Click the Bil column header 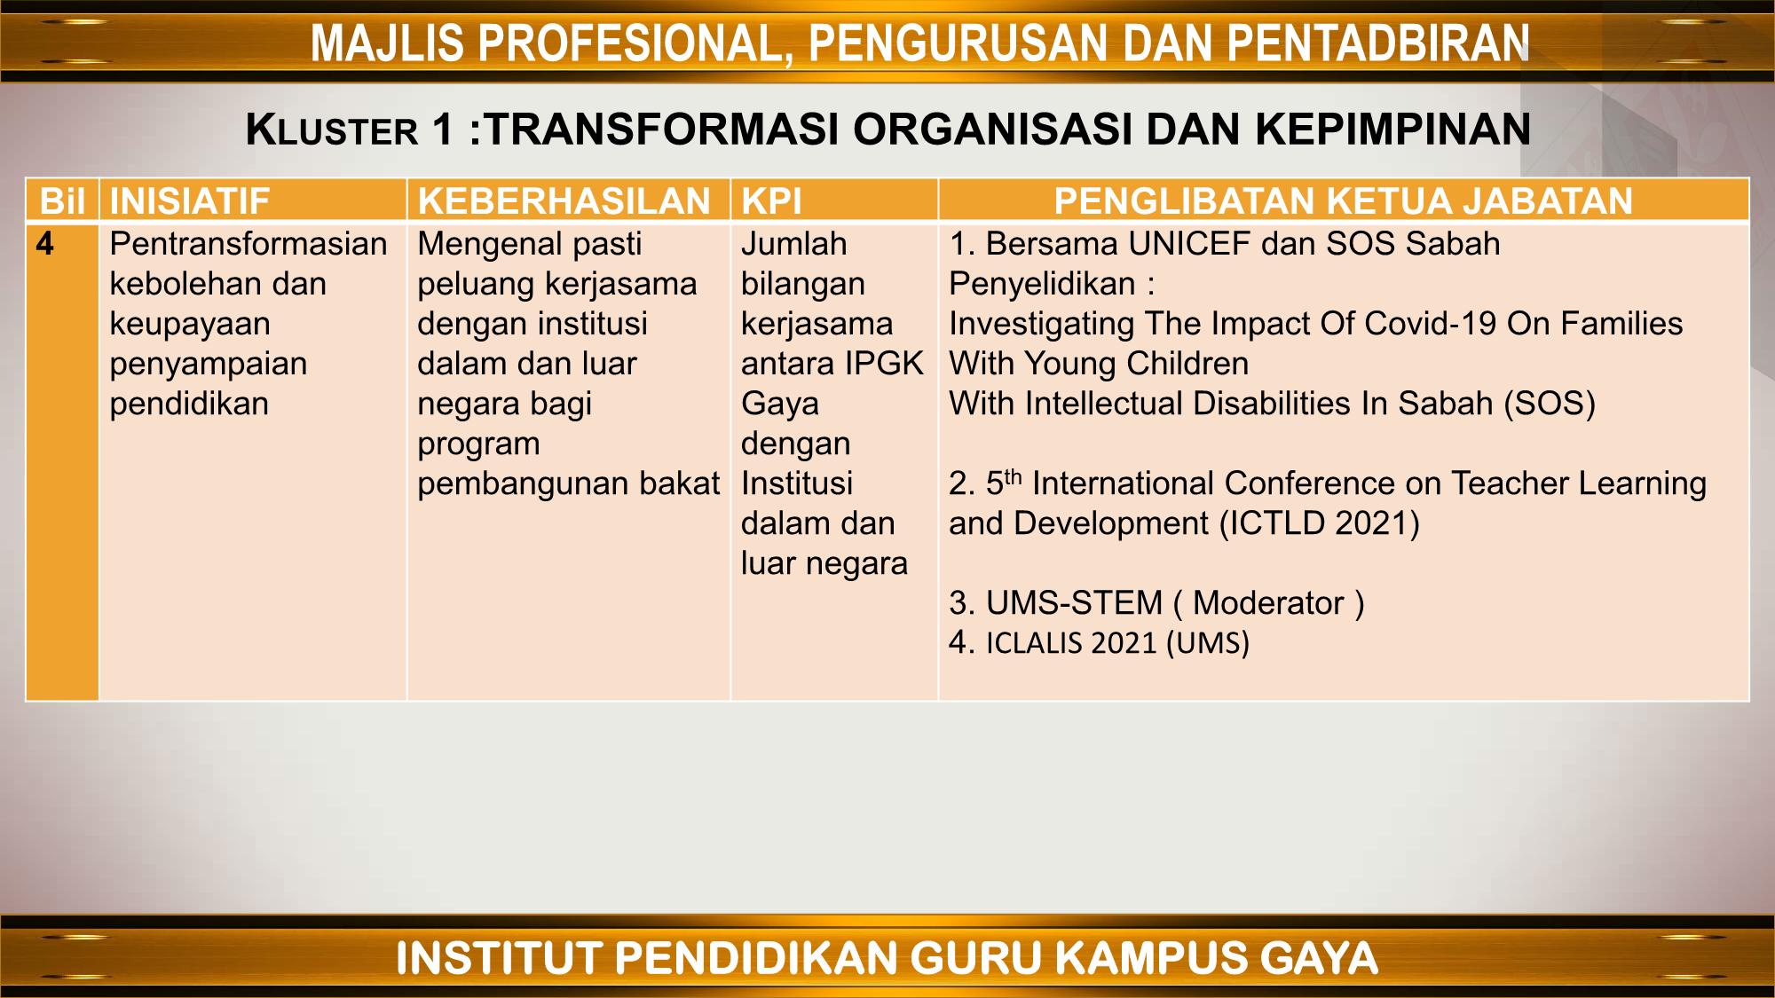(x=62, y=201)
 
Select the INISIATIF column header (x=189, y=201)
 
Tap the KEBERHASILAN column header (x=564, y=201)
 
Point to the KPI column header (x=771, y=201)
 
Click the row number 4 (x=45, y=244)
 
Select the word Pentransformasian (x=248, y=244)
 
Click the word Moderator (x=1268, y=603)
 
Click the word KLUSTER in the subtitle (x=332, y=130)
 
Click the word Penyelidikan (x=1042, y=284)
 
